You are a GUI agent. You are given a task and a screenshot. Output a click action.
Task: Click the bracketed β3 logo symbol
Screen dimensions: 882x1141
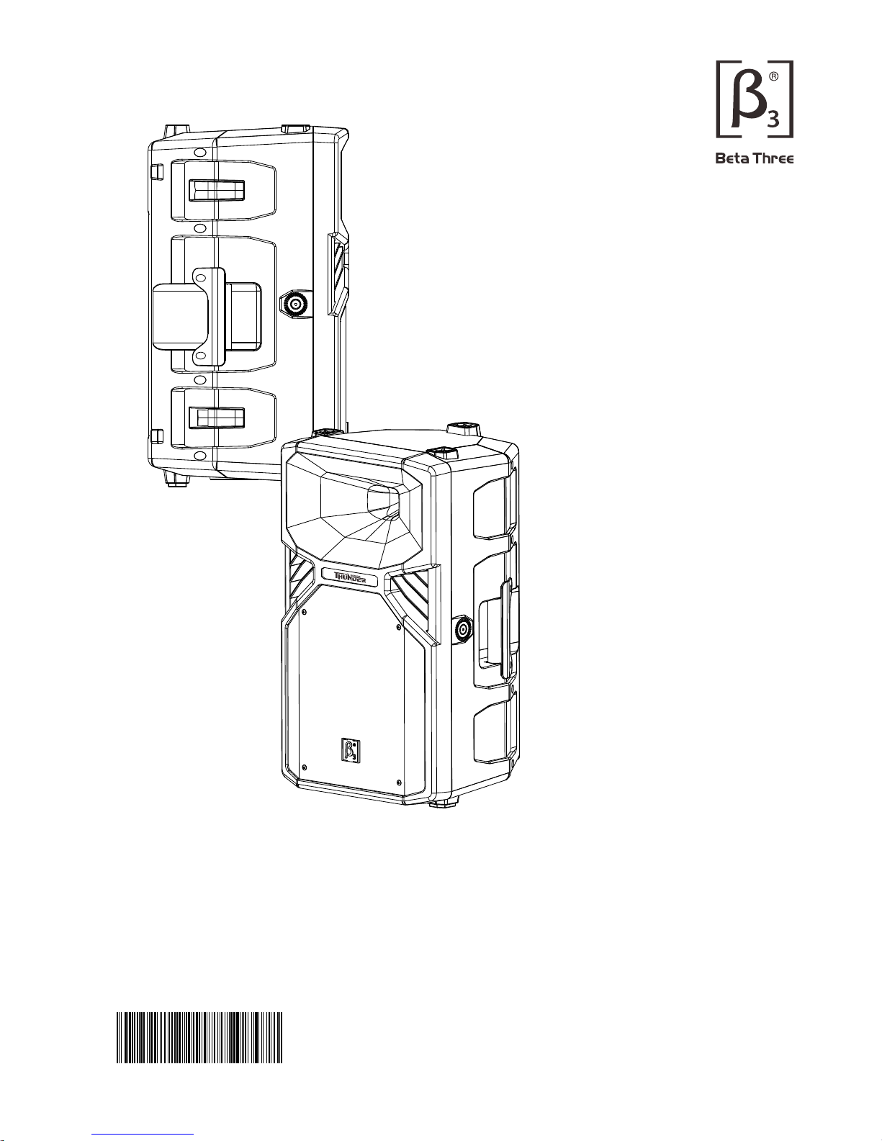point(754,99)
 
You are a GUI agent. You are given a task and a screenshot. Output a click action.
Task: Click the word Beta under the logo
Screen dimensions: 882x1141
point(732,158)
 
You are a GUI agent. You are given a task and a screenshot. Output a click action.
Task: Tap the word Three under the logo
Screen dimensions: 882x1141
point(773,158)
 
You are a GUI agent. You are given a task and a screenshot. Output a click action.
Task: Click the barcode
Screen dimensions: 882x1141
point(199,1037)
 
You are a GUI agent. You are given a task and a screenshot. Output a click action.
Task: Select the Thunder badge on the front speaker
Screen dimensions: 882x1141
point(350,577)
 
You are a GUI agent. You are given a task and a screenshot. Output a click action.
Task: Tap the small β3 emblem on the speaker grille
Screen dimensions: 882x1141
point(349,749)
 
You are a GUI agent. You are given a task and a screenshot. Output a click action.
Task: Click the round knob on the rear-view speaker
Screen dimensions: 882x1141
point(294,304)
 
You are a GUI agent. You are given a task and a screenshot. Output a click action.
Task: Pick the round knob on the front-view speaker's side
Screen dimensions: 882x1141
point(462,630)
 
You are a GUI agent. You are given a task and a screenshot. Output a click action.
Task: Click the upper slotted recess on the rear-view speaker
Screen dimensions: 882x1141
point(216,191)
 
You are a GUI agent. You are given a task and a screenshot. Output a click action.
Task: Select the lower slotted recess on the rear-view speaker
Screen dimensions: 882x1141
point(216,418)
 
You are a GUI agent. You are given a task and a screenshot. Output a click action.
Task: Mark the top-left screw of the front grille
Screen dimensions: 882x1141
point(305,613)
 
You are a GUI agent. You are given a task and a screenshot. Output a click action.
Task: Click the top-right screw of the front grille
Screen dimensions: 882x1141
point(400,627)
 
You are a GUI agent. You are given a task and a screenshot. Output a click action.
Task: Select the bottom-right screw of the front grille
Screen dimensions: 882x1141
point(398,781)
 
